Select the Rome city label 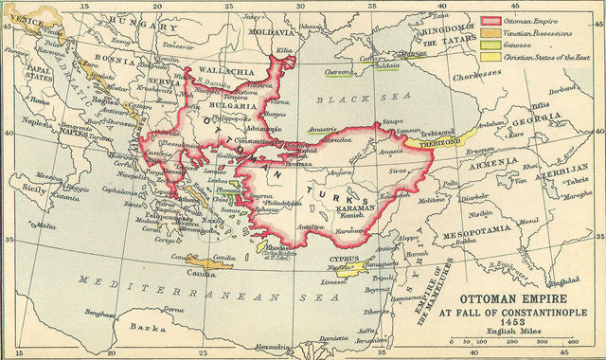pos(40,99)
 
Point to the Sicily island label pos(33,189)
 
